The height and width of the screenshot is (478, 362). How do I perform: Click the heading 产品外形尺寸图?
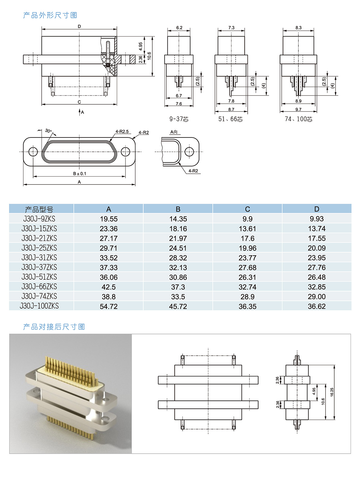[50, 15]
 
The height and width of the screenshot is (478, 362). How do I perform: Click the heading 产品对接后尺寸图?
[54, 327]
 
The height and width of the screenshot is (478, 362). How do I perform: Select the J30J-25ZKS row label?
[39, 248]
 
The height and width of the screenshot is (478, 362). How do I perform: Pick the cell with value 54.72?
[109, 306]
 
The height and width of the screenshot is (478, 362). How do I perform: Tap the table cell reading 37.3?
[178, 287]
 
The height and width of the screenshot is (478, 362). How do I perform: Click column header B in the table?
[178, 209]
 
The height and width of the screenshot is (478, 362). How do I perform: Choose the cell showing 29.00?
[317, 297]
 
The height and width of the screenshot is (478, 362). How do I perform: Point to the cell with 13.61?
[247, 229]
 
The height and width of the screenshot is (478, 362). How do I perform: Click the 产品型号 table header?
[39, 209]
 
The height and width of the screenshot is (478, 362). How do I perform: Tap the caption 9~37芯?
[179, 119]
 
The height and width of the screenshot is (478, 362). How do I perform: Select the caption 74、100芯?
[298, 119]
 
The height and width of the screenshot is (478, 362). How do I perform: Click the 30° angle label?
[48, 131]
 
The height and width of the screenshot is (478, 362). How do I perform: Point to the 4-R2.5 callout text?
[122, 131]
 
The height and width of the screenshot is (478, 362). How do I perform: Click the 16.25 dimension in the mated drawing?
[332, 392]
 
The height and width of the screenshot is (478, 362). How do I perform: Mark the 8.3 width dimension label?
[298, 28]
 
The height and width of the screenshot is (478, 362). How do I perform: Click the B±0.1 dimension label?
[80, 174]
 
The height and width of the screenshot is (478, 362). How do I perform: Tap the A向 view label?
[174, 132]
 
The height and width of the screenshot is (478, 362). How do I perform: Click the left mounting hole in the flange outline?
[33, 152]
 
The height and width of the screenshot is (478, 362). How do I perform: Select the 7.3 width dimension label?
[231, 28]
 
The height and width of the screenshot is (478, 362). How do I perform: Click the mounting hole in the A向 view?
[189, 152]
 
